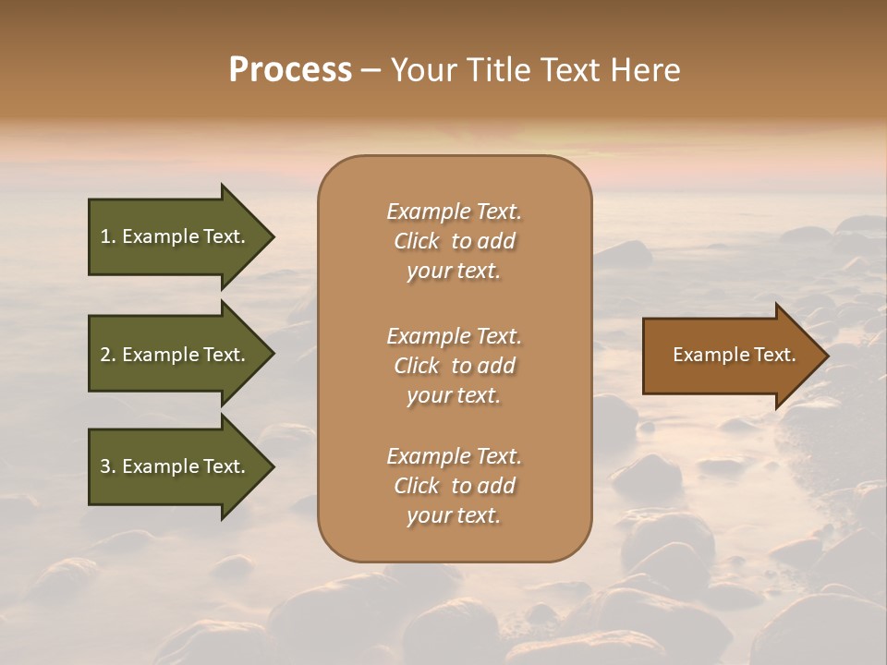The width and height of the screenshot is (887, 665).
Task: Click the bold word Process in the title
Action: [290, 70]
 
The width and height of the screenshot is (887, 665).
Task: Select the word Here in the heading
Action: [647, 70]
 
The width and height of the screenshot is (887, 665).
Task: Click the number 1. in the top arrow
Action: [107, 236]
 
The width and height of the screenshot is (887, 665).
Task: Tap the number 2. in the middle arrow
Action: [107, 355]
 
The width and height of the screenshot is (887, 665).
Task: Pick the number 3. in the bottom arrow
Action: [107, 466]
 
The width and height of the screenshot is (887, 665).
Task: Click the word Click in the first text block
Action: [417, 241]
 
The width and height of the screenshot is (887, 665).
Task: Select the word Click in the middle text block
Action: [417, 366]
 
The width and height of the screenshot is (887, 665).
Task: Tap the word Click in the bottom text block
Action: [417, 486]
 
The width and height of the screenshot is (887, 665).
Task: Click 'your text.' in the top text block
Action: [454, 272]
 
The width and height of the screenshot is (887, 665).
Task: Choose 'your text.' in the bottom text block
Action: [454, 516]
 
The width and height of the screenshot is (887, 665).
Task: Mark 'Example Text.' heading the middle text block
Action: [454, 336]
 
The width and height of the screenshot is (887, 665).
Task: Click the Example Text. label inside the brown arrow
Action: [734, 355]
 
